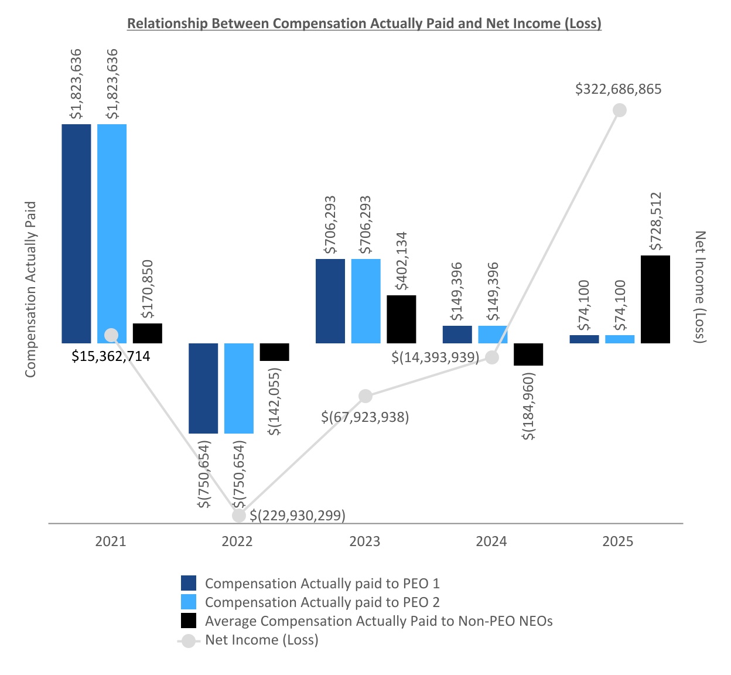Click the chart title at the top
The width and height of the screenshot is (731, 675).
tap(364, 23)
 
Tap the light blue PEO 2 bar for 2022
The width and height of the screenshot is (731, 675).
tap(239, 388)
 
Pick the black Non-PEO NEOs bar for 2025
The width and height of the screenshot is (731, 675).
tap(655, 299)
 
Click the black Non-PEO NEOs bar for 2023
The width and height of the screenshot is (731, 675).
tap(401, 319)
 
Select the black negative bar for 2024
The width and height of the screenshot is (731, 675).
tap(528, 354)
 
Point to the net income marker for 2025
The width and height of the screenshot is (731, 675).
tap(619, 110)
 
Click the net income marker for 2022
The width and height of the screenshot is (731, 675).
tap(239, 515)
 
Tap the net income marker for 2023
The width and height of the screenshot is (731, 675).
tap(365, 396)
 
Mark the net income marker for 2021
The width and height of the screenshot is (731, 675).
tap(111, 335)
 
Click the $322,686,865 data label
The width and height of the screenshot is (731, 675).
tap(619, 89)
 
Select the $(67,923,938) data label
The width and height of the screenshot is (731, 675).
tap(365, 417)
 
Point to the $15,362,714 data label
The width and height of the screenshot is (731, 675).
tap(111, 356)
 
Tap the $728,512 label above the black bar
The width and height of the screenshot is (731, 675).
tap(655, 221)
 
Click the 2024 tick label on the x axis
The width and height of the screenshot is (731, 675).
tap(491, 541)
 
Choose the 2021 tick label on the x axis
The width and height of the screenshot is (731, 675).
tap(111, 541)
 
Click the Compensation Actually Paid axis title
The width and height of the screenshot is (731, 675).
tap(30, 289)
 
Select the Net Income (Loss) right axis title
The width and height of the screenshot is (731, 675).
tap(700, 287)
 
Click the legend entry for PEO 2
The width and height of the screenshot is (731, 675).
tap(322, 602)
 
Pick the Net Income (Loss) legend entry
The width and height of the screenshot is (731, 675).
tap(261, 640)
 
